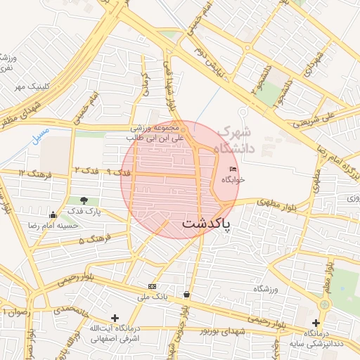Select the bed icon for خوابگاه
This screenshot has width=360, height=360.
point(233,169)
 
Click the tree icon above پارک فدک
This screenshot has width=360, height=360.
point(84,201)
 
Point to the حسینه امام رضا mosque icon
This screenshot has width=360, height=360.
point(53,215)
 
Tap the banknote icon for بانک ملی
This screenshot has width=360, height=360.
point(152,286)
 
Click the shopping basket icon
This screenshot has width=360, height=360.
point(186,294)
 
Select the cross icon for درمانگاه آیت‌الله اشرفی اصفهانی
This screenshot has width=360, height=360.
point(115,319)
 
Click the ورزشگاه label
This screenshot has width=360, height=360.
point(266,289)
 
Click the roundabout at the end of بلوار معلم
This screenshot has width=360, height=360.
point(324,305)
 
